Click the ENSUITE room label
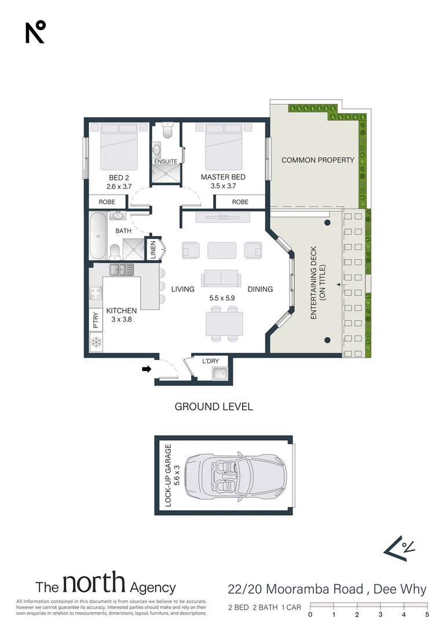coord(166,161)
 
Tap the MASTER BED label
coord(223,177)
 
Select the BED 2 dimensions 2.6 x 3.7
coord(119,187)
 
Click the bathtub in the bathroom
coord(98,236)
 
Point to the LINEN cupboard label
coord(153,250)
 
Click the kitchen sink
coord(122,270)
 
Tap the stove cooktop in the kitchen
coord(96,293)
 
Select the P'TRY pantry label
coord(96,320)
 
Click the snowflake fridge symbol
coord(96,342)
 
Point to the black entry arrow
coord(147,369)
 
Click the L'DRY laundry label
coord(210,361)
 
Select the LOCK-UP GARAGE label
coord(168,475)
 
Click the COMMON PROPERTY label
coord(318,160)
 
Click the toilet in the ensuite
coord(167,130)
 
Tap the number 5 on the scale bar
coord(427,615)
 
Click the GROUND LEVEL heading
coord(214,407)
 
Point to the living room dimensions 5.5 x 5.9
coord(222,298)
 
